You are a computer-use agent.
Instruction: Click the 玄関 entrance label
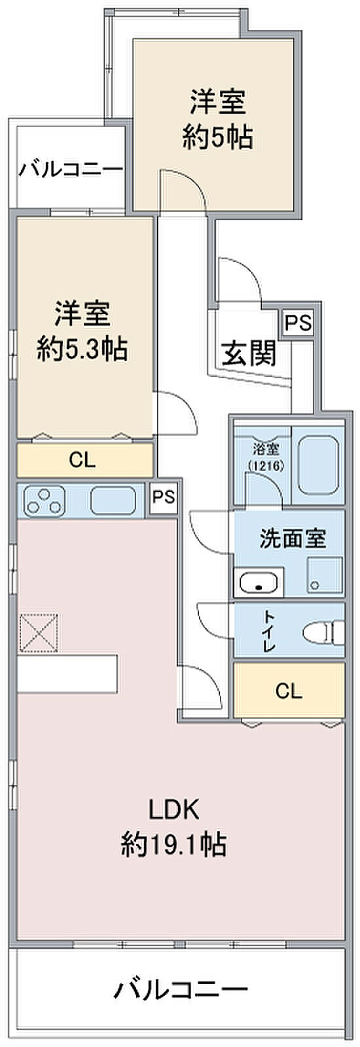pyautogui.click(x=248, y=354)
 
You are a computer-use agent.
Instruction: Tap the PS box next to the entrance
pyautogui.click(x=298, y=323)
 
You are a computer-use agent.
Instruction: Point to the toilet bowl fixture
pyautogui.click(x=323, y=633)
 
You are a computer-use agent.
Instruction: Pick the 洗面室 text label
pyautogui.click(x=293, y=539)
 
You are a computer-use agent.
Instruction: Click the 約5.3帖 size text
pyautogui.click(x=82, y=349)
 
